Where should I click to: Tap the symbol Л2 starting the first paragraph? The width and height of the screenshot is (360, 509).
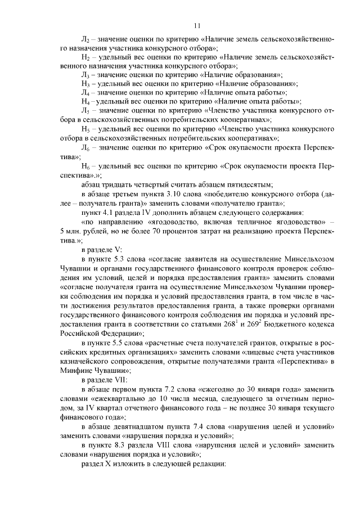tap(85, 40)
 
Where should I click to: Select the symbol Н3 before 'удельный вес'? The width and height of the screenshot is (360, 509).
tap(85, 83)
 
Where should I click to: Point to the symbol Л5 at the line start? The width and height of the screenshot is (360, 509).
tap(85, 110)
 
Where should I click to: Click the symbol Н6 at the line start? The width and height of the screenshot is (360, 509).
tap(85, 167)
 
